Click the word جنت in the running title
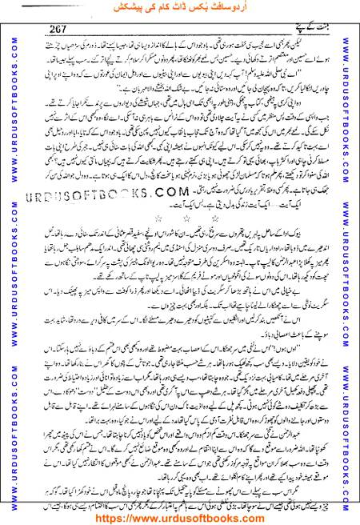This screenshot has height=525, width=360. pos(318,26)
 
